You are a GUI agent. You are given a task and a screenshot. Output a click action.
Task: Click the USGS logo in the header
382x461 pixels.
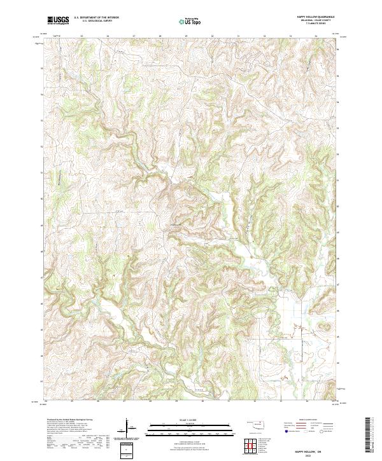pos(58,20)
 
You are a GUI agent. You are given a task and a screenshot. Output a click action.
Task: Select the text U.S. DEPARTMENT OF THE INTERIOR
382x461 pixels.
pos(101,17)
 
